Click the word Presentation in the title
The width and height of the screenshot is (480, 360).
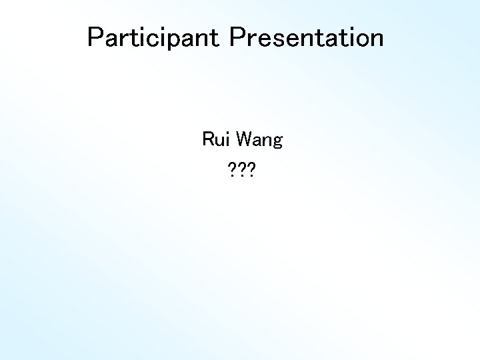(307, 38)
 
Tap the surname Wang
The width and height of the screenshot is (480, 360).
(259, 141)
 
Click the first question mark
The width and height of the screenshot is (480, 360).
(231, 174)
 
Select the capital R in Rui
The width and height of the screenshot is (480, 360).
(208, 140)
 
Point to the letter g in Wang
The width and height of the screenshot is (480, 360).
(277, 143)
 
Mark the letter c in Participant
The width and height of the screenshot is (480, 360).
(164, 40)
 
